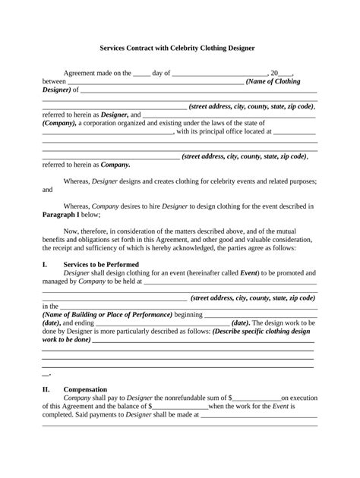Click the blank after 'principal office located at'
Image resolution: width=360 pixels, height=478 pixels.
tap(292, 132)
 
